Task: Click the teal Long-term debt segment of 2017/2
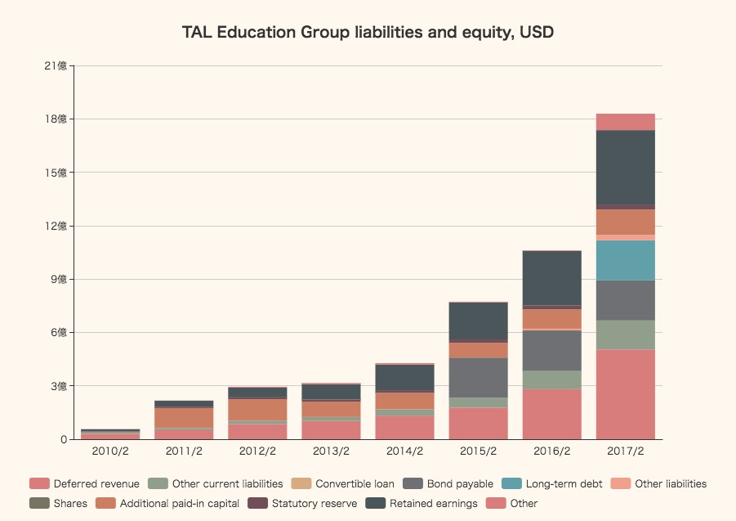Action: coord(625,260)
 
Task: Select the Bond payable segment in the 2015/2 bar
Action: coord(478,377)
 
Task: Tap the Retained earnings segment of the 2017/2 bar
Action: coord(625,167)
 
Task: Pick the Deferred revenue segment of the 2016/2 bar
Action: coord(551,414)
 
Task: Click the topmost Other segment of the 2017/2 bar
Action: coord(625,122)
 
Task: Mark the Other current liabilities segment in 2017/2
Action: coord(625,335)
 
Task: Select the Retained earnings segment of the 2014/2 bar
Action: coord(404,377)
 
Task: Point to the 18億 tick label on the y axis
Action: coord(56,119)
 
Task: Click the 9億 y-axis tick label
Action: coord(60,279)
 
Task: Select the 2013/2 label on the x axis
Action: coord(331,451)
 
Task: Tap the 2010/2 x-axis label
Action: coord(110,451)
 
